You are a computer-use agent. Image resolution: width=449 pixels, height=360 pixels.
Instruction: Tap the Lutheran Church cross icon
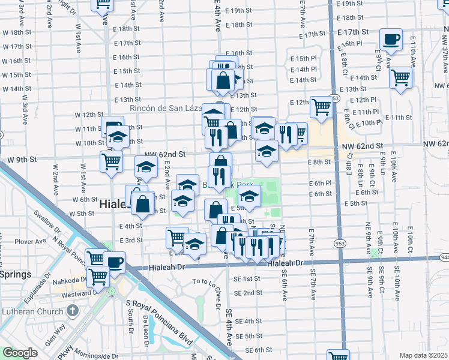73,311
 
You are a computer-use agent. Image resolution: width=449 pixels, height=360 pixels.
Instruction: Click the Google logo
20,353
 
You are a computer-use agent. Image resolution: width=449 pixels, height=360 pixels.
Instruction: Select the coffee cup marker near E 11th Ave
391,40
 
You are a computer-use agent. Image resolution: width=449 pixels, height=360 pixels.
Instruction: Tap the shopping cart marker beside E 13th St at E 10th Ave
400,78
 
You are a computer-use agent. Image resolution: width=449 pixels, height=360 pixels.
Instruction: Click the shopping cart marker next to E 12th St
321,107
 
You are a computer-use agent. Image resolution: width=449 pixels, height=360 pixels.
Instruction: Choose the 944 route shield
444,256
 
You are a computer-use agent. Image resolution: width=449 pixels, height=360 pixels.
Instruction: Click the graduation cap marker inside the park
249,196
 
